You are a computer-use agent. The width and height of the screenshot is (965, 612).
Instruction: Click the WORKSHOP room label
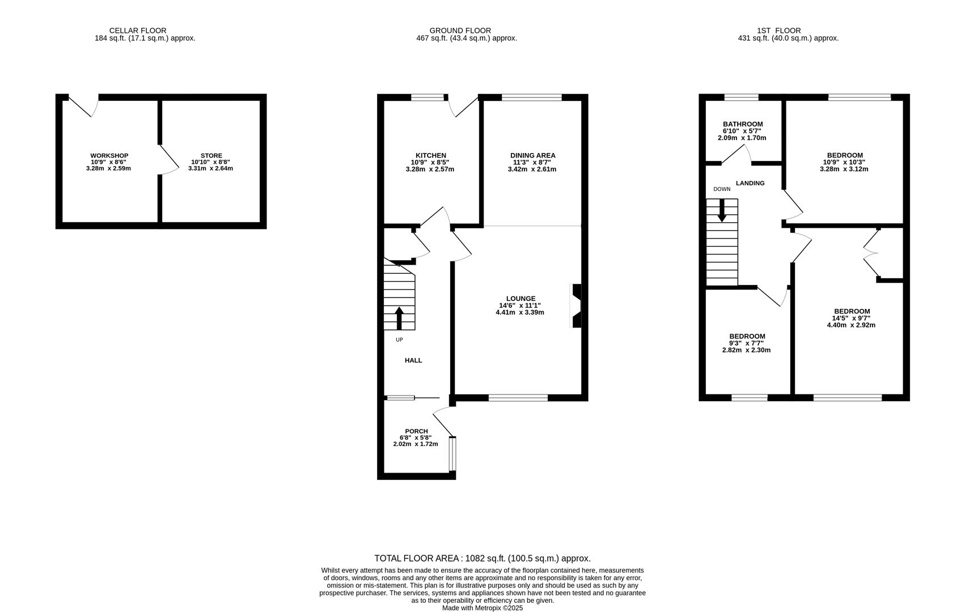[x=109, y=156]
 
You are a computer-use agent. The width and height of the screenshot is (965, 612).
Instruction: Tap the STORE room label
[x=211, y=156]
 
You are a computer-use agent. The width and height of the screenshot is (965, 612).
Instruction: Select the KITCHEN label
[x=431, y=156]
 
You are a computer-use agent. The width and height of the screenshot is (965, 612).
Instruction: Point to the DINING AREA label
[x=533, y=156]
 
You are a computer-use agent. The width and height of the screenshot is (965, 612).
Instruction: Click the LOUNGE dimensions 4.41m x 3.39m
[x=520, y=312]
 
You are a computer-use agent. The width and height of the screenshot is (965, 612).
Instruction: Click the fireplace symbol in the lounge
[x=576, y=306]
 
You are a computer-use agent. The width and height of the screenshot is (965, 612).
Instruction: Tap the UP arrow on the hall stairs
[x=399, y=318]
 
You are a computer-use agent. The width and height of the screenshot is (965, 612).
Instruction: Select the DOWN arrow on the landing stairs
[x=722, y=210]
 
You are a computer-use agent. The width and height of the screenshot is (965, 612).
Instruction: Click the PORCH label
[x=416, y=431]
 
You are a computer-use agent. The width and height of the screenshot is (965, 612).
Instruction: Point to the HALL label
[x=413, y=360]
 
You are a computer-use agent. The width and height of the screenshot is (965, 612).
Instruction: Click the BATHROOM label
[x=743, y=125]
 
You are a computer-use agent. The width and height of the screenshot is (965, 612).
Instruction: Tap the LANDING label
[x=750, y=183]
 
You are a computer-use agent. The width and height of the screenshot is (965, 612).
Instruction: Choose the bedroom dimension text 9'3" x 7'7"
[x=747, y=343]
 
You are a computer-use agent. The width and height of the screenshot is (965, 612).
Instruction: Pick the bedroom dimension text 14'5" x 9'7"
[x=852, y=318]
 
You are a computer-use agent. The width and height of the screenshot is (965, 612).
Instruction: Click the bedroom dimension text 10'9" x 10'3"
[x=844, y=162]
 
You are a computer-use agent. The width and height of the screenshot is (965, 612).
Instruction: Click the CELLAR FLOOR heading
[x=138, y=31]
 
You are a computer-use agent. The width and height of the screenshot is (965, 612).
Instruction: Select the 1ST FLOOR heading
[x=778, y=31]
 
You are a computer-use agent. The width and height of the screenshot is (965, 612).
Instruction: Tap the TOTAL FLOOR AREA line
[x=483, y=559]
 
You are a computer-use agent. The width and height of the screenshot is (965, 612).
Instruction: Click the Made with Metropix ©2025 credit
[x=483, y=608]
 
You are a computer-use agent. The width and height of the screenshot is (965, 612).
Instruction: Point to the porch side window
[x=452, y=453]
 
